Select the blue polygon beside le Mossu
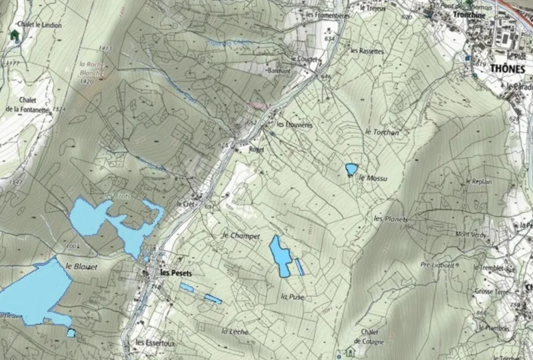coord(350,169)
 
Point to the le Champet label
coord(239,236)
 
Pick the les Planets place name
coord(390,219)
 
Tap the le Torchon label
coord(382,133)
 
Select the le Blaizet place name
coord(82,266)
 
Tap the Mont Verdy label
coord(471,234)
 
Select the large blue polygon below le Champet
coord(280,255)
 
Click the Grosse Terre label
coord(493,291)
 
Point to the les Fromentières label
coord(326,13)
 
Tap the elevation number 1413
coord(103,49)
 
